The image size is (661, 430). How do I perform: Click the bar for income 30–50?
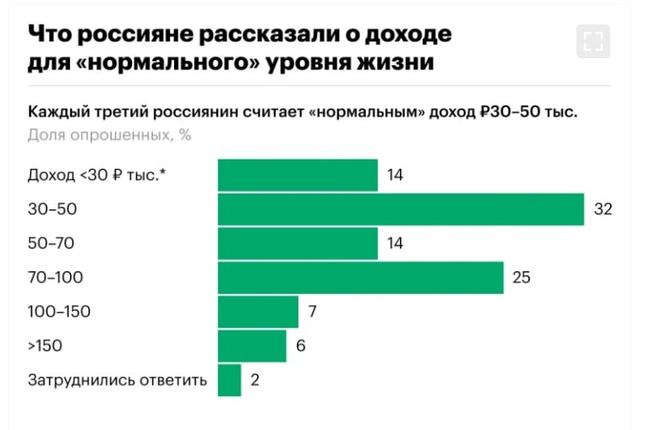401,210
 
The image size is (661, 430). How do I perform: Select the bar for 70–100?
361,277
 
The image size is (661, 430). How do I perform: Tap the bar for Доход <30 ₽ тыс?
298,175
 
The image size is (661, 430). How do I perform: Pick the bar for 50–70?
298,243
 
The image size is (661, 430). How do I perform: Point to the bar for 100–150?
258,311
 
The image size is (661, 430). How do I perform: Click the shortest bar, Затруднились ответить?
229,379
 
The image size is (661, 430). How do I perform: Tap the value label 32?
602,210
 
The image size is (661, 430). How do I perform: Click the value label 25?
522,277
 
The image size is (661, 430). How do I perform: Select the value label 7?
312,311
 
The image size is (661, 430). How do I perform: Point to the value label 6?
300,346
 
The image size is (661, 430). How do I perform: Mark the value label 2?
254,379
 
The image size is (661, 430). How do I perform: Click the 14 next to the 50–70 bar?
396,243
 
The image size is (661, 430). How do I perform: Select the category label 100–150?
59,311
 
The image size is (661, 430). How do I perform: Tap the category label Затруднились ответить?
117,379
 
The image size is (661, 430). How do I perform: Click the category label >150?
45,346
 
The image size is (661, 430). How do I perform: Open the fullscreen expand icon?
593,41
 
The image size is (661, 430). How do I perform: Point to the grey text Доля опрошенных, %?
108,135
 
